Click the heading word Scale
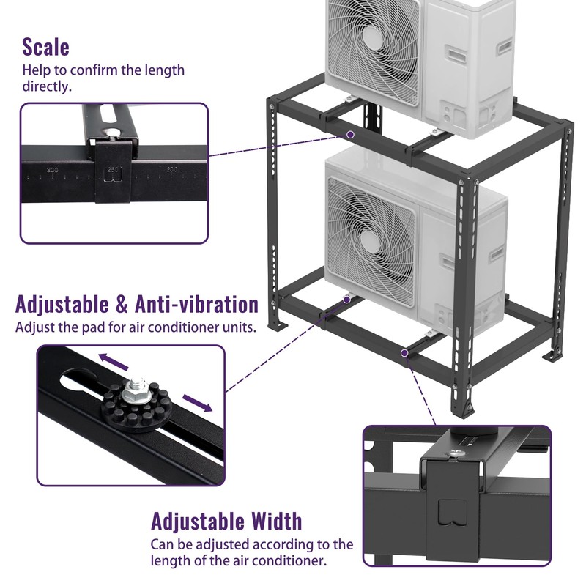45,47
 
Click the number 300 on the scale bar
53,170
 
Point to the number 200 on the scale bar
172,170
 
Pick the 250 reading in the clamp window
113,170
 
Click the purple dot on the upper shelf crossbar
351,135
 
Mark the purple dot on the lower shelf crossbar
404,353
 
